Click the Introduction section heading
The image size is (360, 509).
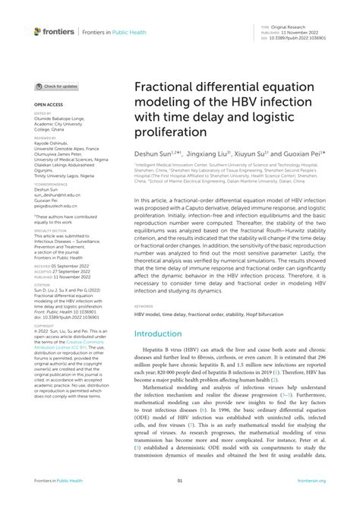click(165, 334)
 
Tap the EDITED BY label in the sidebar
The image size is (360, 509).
click(43, 113)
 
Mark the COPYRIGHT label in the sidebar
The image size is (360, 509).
click(44, 306)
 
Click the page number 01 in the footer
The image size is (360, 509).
click(180, 501)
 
